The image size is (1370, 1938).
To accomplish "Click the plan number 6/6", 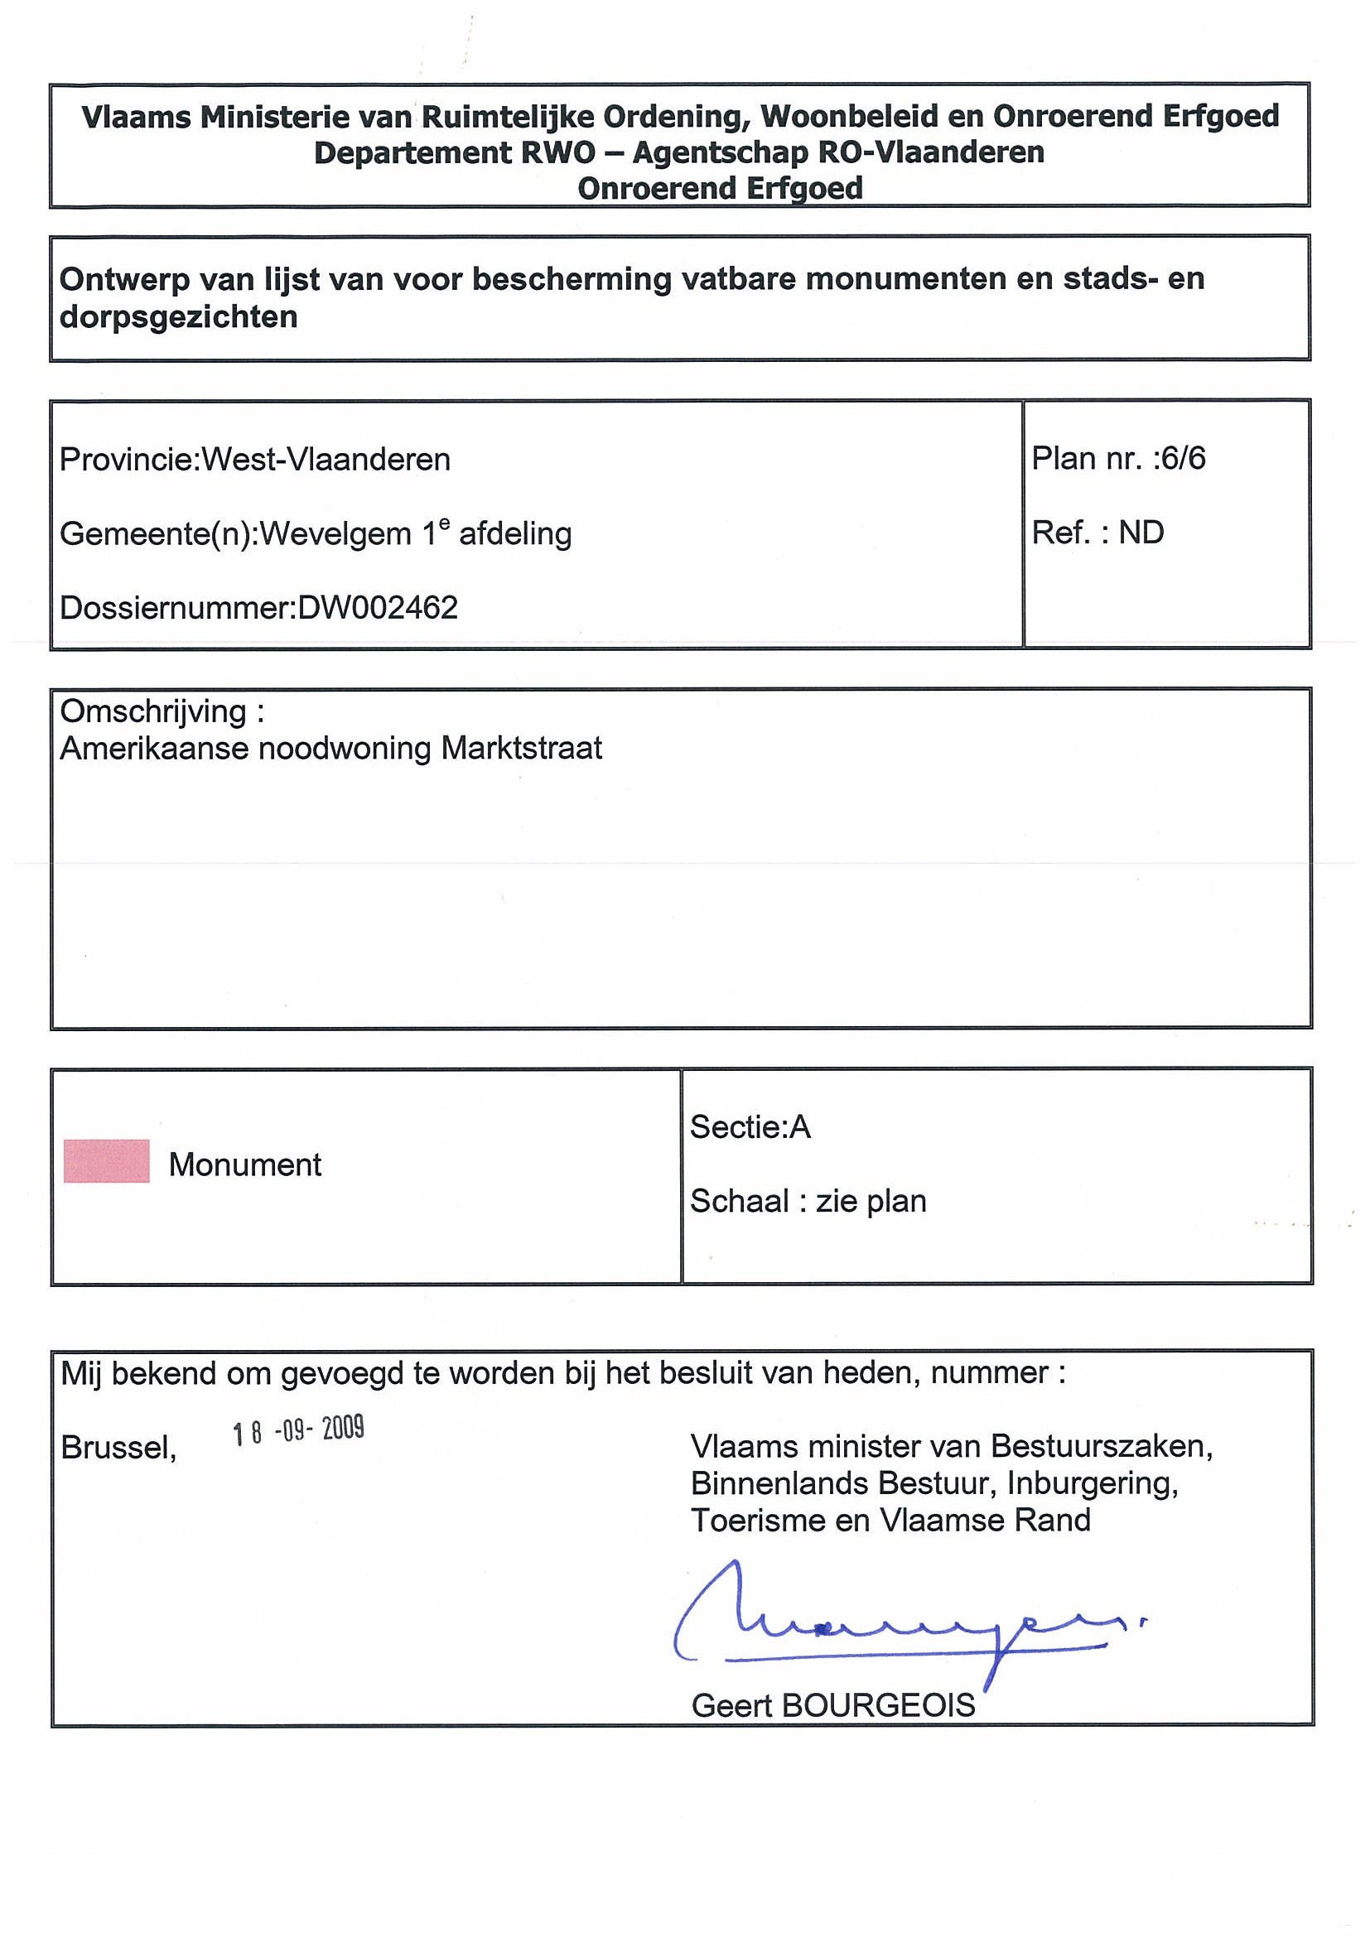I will click(1184, 458).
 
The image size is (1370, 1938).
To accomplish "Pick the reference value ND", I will click(1141, 533).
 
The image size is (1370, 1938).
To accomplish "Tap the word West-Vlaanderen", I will click(326, 460).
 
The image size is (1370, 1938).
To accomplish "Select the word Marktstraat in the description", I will click(522, 749).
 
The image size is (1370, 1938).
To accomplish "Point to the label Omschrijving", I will click(153, 712).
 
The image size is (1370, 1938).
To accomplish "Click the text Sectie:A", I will click(750, 1127).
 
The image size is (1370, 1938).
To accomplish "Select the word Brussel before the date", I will click(118, 1449).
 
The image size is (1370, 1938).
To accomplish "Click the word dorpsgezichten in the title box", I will click(178, 317).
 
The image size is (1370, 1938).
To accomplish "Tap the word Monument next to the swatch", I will click(245, 1164).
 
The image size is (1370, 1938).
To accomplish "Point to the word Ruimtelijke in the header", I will click(504, 117).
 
